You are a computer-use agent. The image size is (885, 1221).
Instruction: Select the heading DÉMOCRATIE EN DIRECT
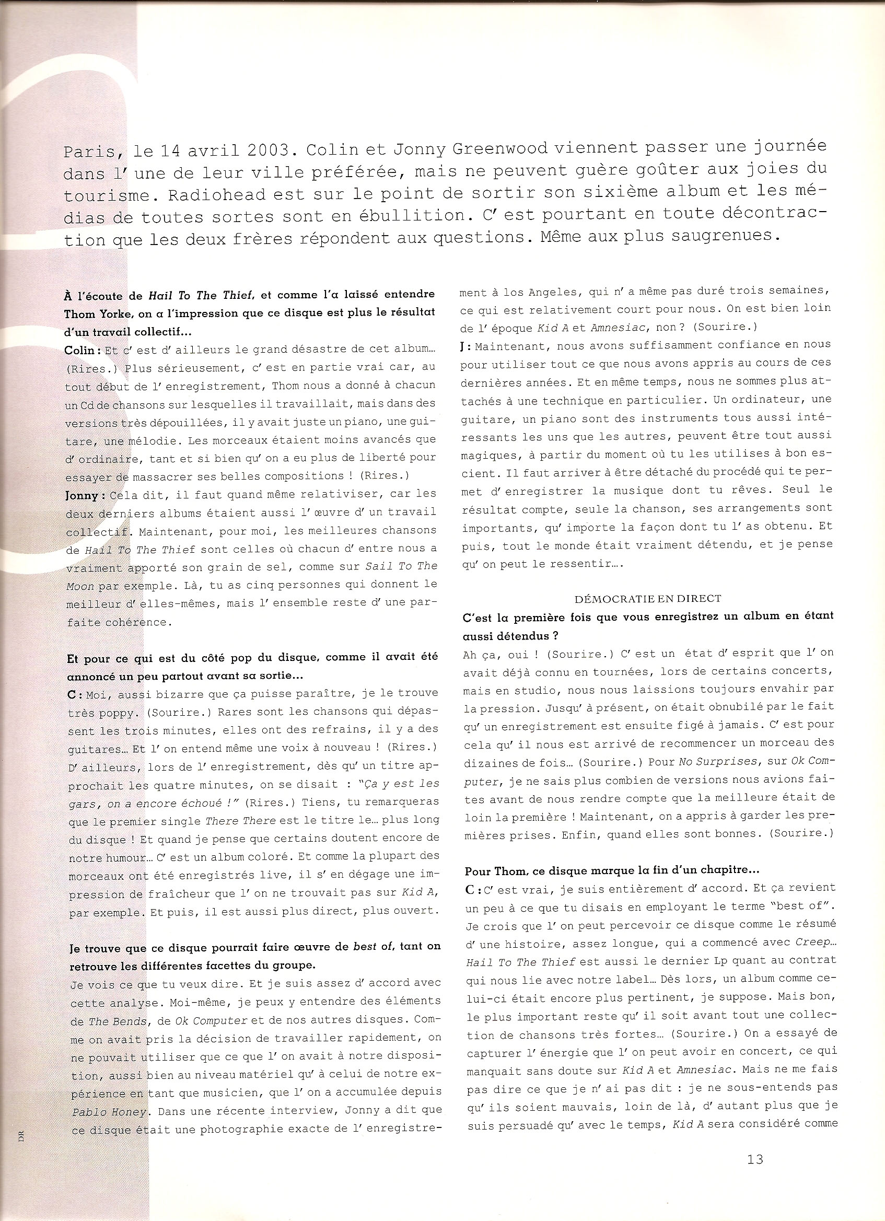[x=648, y=599]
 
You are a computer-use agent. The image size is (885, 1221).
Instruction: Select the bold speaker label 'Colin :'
[x=83, y=351]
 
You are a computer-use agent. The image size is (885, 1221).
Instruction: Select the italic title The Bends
[x=118, y=1021]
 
